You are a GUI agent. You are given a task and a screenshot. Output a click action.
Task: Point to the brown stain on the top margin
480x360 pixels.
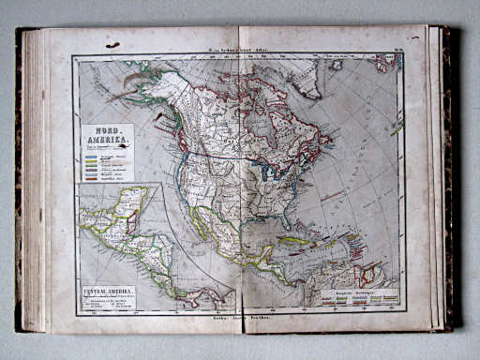pyautogui.click(x=112, y=44)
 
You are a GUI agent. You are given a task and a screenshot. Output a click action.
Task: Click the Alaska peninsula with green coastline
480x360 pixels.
pyautogui.click(x=131, y=92)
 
